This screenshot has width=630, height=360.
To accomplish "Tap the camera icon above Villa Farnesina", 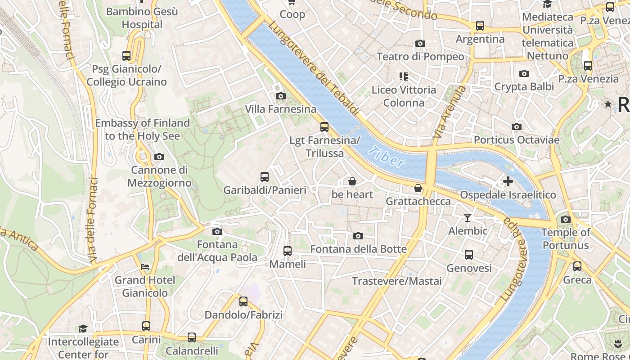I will point(280,96).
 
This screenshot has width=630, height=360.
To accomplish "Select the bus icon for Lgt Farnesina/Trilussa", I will point(324,127).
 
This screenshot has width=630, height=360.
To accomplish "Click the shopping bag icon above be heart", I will point(352,181).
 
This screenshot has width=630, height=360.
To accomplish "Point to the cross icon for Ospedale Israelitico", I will point(508,181).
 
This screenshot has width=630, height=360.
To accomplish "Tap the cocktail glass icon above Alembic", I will point(468,218).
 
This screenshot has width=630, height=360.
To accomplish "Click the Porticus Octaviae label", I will point(517,140).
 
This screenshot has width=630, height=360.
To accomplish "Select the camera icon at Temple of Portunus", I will point(566,220).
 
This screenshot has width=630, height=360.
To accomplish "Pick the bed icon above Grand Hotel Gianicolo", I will point(144,267).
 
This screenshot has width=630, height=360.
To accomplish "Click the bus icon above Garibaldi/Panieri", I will point(265,177).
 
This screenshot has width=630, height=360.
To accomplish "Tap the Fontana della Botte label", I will point(358,249).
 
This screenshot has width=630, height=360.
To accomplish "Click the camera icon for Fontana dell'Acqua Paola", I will point(217,231).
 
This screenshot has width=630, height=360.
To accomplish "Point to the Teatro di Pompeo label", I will point(420,56).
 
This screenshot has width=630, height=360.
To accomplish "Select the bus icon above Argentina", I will point(480,26).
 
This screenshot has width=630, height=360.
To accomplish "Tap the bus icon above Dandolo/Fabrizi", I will point(243,301).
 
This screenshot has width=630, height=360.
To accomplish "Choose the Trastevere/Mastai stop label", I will point(396,281).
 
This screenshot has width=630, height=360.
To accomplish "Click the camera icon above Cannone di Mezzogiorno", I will point(159,157).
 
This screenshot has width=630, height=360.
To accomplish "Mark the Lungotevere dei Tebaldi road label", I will point(315,67).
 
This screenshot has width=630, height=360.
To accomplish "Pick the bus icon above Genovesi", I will point(469,255).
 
